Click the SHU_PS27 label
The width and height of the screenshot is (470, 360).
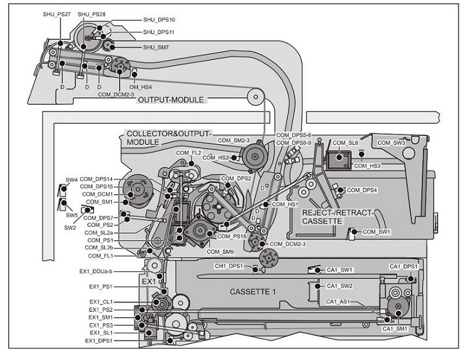tap(57, 14)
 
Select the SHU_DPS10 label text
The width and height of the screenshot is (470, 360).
tap(159, 20)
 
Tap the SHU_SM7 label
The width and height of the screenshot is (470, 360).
tap(156, 48)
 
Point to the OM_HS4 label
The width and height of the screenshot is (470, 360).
tap(140, 87)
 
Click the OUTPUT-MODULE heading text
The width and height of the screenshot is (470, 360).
tap(171, 100)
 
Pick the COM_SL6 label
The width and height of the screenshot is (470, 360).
tap(345, 143)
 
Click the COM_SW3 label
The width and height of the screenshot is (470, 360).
tap(391, 143)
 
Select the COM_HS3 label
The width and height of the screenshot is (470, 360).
tap(367, 166)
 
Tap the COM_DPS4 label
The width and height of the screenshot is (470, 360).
tap(362, 190)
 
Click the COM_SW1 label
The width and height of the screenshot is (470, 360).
tap(377, 232)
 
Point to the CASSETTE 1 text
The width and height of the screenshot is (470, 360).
tap(252, 292)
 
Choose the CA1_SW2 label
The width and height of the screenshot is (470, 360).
tap(339, 286)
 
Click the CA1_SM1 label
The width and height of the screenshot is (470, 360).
tap(395, 329)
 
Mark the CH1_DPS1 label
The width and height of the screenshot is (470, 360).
tap(229, 266)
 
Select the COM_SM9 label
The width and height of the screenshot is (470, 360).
tap(220, 252)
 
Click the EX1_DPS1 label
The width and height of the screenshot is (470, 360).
tap(99, 341)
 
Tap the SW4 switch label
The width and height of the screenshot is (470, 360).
tap(71, 180)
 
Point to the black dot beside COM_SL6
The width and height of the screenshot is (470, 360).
tap(339, 156)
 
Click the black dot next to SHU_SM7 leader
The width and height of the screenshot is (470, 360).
tap(112, 47)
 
